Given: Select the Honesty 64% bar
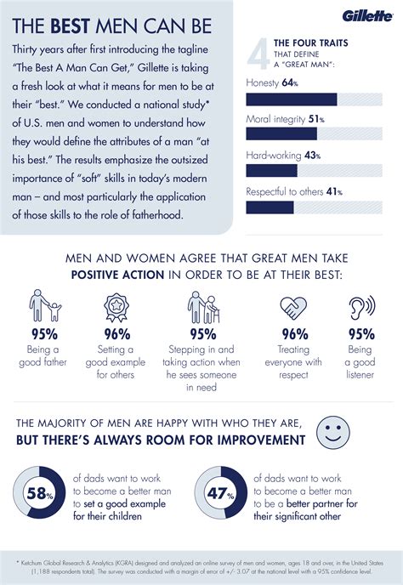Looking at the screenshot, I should tap(291, 99).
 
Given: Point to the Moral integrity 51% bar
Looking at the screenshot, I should tap(281, 133).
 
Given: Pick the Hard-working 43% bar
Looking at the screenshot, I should tap(271, 170).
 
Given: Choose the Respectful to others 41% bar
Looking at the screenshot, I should tap(270, 207).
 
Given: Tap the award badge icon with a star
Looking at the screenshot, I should tap(116, 308).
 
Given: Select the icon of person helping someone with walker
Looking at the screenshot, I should tap(201, 308).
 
